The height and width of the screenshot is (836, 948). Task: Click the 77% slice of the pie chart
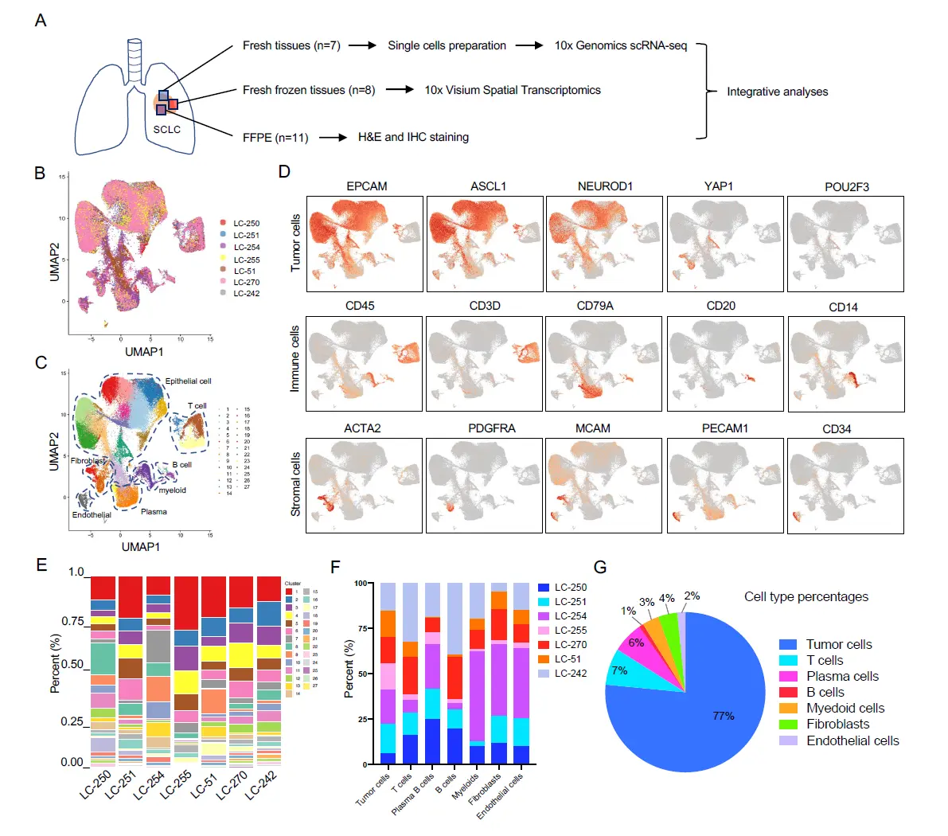coord(700,709)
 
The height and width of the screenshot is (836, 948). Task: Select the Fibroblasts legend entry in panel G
coord(837,725)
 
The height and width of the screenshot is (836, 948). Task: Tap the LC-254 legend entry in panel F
coord(570,616)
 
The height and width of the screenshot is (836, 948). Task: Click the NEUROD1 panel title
coord(605,186)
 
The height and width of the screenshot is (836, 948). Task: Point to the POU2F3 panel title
coord(846,187)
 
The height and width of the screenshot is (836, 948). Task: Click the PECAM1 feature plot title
coord(724,428)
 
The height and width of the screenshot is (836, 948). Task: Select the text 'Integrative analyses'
coord(777,92)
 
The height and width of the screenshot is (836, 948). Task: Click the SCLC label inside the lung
coord(167,129)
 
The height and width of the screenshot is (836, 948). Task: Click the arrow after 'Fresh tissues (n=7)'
coord(362,45)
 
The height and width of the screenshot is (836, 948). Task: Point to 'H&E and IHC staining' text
coord(413,137)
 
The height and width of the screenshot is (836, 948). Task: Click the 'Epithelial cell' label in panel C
coord(188,381)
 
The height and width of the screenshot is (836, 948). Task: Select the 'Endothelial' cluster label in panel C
coord(92,515)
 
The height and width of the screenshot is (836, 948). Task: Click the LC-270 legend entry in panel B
coord(246,282)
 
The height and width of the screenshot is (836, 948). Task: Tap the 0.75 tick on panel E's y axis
coord(73,621)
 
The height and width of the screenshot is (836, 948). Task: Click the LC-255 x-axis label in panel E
coord(177,785)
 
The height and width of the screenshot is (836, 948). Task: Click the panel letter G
coord(600,567)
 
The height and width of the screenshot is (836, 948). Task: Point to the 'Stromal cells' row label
coord(295,484)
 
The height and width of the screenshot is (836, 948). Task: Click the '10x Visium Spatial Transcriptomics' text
coord(512,90)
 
